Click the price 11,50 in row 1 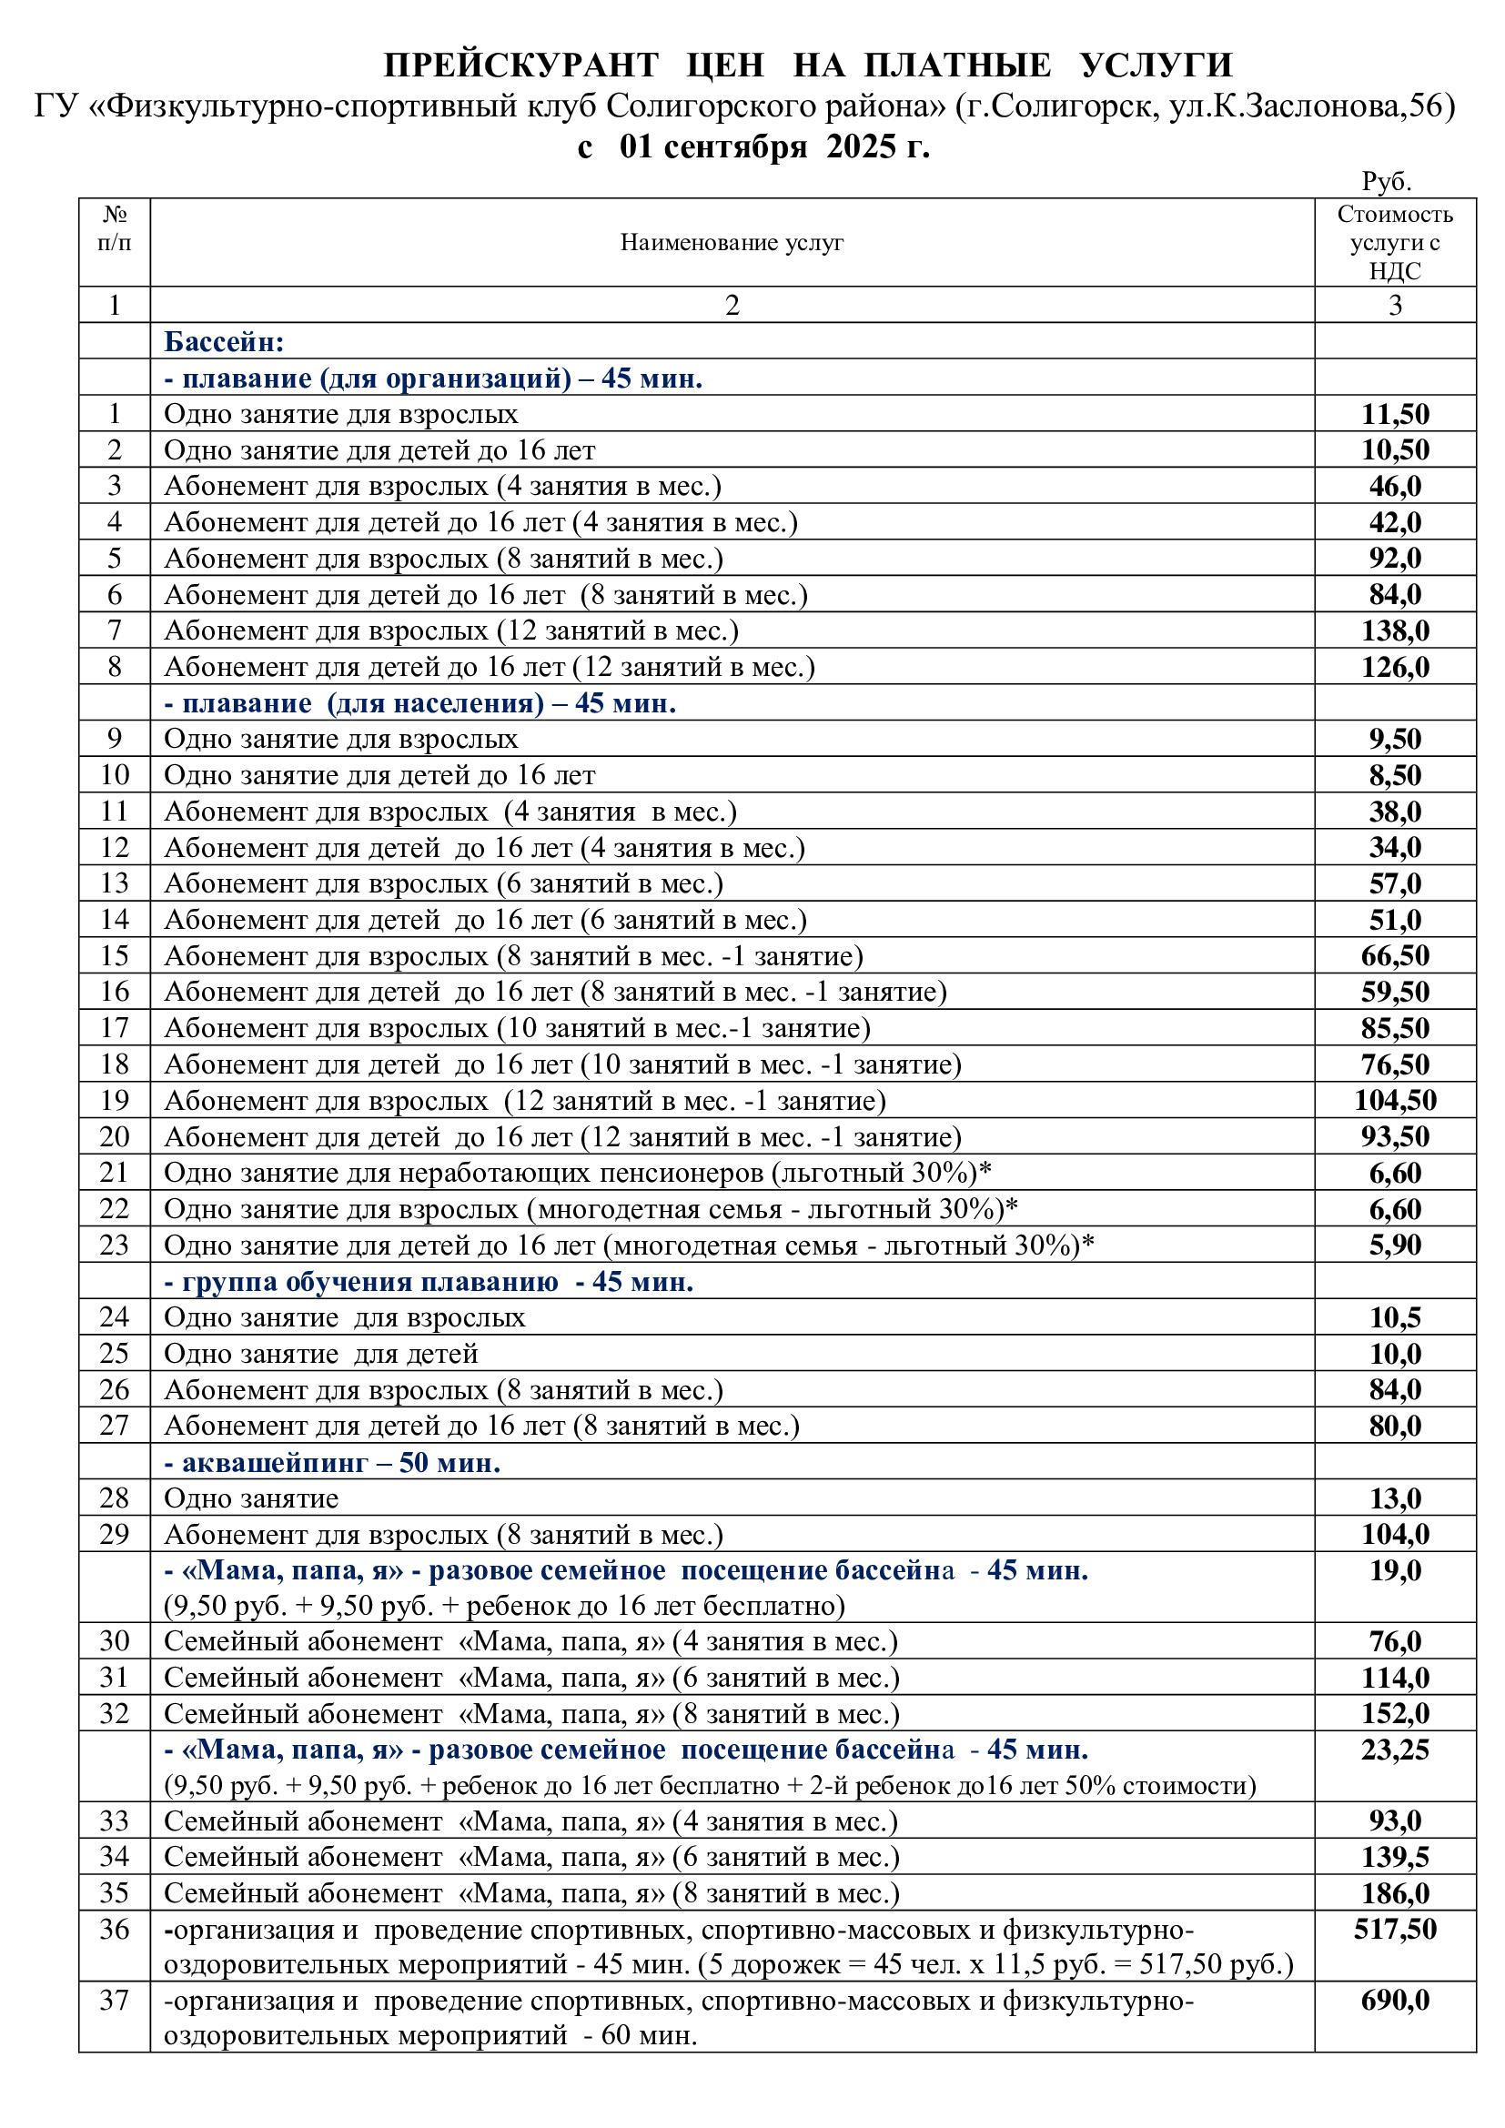coord(1394,413)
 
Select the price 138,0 coord(1394,630)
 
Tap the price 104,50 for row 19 coord(1394,1100)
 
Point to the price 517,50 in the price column coord(1394,1929)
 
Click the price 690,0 coord(1394,2000)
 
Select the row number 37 coord(114,2000)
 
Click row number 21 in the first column coord(114,1173)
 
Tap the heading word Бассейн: coord(223,341)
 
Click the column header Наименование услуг coord(732,242)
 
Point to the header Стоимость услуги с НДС coord(1394,242)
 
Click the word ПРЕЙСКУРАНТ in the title coord(520,65)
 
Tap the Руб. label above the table coord(1386,181)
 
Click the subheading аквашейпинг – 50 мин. coord(332,1462)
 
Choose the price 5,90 coord(1394,1245)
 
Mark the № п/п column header coord(114,228)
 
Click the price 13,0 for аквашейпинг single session coord(1394,1498)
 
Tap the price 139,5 coord(1394,1857)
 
